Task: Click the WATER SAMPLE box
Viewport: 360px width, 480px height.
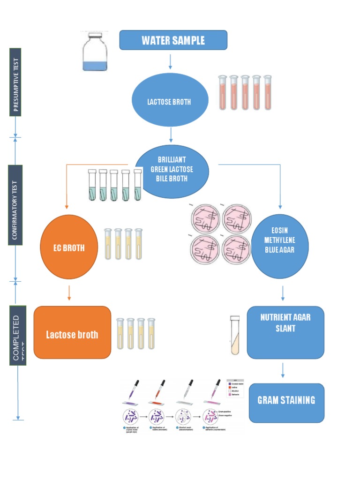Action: point(173,40)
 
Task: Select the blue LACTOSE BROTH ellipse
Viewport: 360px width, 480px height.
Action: point(170,100)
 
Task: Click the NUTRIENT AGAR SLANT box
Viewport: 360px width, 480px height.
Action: point(285,332)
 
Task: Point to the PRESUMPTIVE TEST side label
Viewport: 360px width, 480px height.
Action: point(15,82)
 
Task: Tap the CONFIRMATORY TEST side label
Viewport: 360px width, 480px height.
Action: point(15,204)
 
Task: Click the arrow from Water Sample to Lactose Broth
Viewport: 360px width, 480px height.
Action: point(170,61)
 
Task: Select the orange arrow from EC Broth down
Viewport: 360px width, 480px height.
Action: point(69,292)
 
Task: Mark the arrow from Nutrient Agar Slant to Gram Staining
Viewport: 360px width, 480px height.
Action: point(283,370)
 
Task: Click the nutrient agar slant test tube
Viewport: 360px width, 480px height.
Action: point(235,335)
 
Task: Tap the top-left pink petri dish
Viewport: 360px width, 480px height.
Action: point(206,219)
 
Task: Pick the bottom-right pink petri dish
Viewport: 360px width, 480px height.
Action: point(237,249)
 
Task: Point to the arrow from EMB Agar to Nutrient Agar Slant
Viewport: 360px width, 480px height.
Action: point(283,293)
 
